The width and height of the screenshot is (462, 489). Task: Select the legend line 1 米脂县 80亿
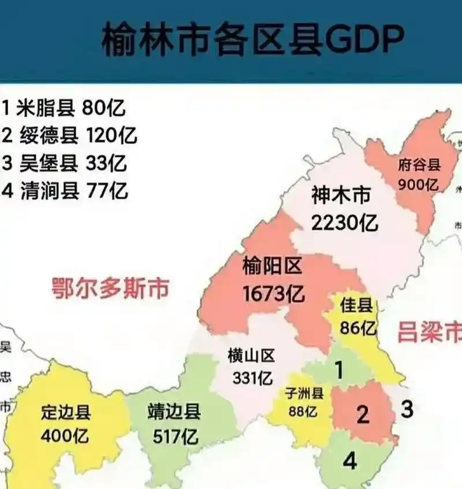click(64, 107)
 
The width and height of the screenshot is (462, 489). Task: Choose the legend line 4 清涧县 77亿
click(65, 190)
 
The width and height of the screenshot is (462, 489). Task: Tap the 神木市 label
click(341, 196)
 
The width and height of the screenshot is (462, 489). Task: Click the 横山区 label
click(251, 356)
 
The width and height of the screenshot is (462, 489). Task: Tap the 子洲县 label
click(304, 393)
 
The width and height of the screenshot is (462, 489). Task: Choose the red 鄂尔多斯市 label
click(110, 287)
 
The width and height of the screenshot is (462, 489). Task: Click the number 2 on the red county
click(363, 414)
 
